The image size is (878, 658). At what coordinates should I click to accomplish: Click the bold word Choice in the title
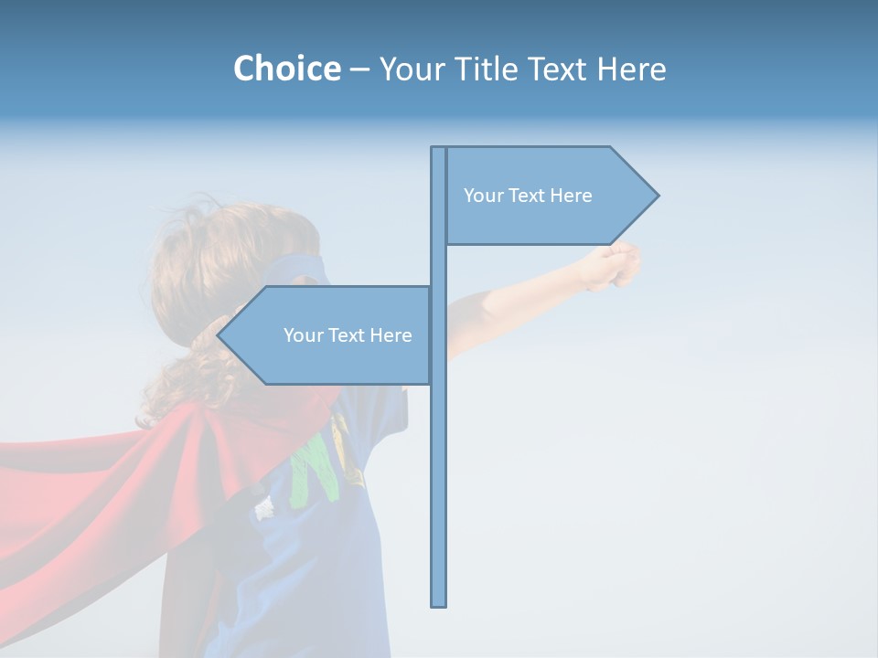[286, 69]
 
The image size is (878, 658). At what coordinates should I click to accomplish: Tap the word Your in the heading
[412, 69]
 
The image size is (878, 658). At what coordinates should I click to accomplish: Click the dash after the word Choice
[359, 69]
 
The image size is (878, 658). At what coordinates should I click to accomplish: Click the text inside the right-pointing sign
[528, 196]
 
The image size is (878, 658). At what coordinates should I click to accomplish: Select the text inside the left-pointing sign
[348, 335]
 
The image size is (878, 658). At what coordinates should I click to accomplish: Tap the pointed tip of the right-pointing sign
[656, 196]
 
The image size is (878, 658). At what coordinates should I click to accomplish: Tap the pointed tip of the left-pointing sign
[219, 335]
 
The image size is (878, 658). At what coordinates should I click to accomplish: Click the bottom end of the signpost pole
[439, 603]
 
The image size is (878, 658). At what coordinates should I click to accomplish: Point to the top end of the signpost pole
[439, 149]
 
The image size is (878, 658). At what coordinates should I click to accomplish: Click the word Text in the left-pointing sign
[347, 335]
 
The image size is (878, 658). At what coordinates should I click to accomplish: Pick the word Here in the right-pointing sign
[571, 196]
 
